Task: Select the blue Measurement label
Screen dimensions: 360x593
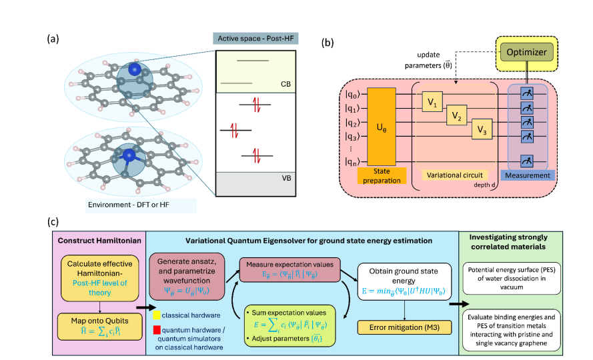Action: (x=529, y=175)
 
